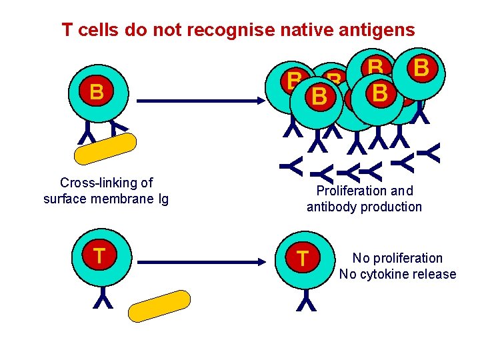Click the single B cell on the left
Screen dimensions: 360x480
pos(97,93)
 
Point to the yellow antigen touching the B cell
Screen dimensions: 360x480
pos(106,149)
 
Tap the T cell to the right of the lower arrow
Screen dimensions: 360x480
pos(302,258)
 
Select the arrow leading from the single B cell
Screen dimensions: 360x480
pos(200,101)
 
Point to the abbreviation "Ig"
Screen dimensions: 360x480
pos(162,199)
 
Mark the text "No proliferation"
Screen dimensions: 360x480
pos(397,258)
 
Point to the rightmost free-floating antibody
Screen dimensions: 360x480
pos(432,154)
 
